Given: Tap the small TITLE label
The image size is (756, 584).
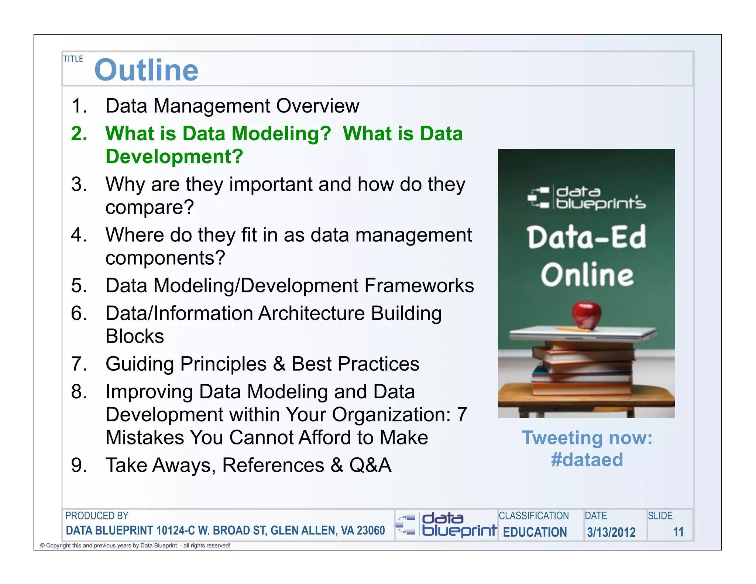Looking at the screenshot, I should point(73,59).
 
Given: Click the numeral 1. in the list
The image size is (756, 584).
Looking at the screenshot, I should point(79,106).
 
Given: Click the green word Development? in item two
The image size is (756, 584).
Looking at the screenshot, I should point(174,157).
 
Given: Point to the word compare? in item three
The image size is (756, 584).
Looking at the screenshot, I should point(150,207).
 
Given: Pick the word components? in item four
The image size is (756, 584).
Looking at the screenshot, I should point(165,258).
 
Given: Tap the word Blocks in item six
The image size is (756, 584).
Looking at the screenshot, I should point(135,336).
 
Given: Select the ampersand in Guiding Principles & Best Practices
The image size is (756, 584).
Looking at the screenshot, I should point(279,364).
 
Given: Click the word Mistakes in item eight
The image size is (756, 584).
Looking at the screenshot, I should point(145,437).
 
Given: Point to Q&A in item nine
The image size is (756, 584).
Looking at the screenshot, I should point(370,465).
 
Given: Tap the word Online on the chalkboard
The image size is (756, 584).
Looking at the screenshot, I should point(587,275).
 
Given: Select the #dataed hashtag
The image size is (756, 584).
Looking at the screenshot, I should point(587,460).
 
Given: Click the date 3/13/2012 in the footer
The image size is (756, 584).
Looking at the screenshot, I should point(611,532).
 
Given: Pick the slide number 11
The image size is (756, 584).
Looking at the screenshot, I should point(678,532).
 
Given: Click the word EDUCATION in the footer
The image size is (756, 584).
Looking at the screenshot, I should point(535,532).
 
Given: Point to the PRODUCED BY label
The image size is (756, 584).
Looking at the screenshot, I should point(97,516).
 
